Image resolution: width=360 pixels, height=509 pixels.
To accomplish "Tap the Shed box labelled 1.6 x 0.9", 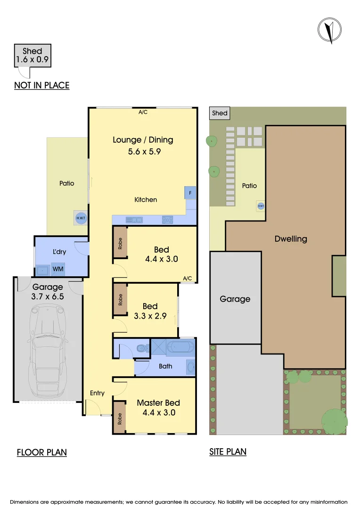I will (x=32, y=56).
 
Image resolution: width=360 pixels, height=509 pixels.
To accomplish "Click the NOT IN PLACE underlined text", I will (x=42, y=85).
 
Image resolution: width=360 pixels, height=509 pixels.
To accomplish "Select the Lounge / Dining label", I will (x=143, y=140).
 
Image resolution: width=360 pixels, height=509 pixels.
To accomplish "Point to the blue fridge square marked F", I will (x=190, y=193).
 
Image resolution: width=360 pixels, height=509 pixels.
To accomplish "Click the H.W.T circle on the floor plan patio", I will (x=81, y=218).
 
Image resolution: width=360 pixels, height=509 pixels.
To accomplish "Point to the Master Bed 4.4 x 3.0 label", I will (x=158, y=407).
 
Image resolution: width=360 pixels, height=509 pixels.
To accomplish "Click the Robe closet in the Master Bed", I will (x=119, y=417).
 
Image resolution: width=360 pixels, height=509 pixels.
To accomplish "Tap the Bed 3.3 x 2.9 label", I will (x=149, y=311).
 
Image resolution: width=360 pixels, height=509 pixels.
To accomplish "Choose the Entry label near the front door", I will (x=97, y=393).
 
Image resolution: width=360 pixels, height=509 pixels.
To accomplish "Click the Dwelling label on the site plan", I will (x=290, y=239).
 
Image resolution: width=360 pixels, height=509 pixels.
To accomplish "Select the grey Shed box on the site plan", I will (x=220, y=113).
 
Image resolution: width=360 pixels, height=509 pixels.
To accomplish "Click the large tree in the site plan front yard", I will (x=335, y=420).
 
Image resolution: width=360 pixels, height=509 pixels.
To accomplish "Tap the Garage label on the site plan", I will (x=235, y=299).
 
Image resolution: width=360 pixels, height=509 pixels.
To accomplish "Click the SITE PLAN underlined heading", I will (x=228, y=452).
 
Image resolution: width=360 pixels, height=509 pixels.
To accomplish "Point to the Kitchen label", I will (x=146, y=200).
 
